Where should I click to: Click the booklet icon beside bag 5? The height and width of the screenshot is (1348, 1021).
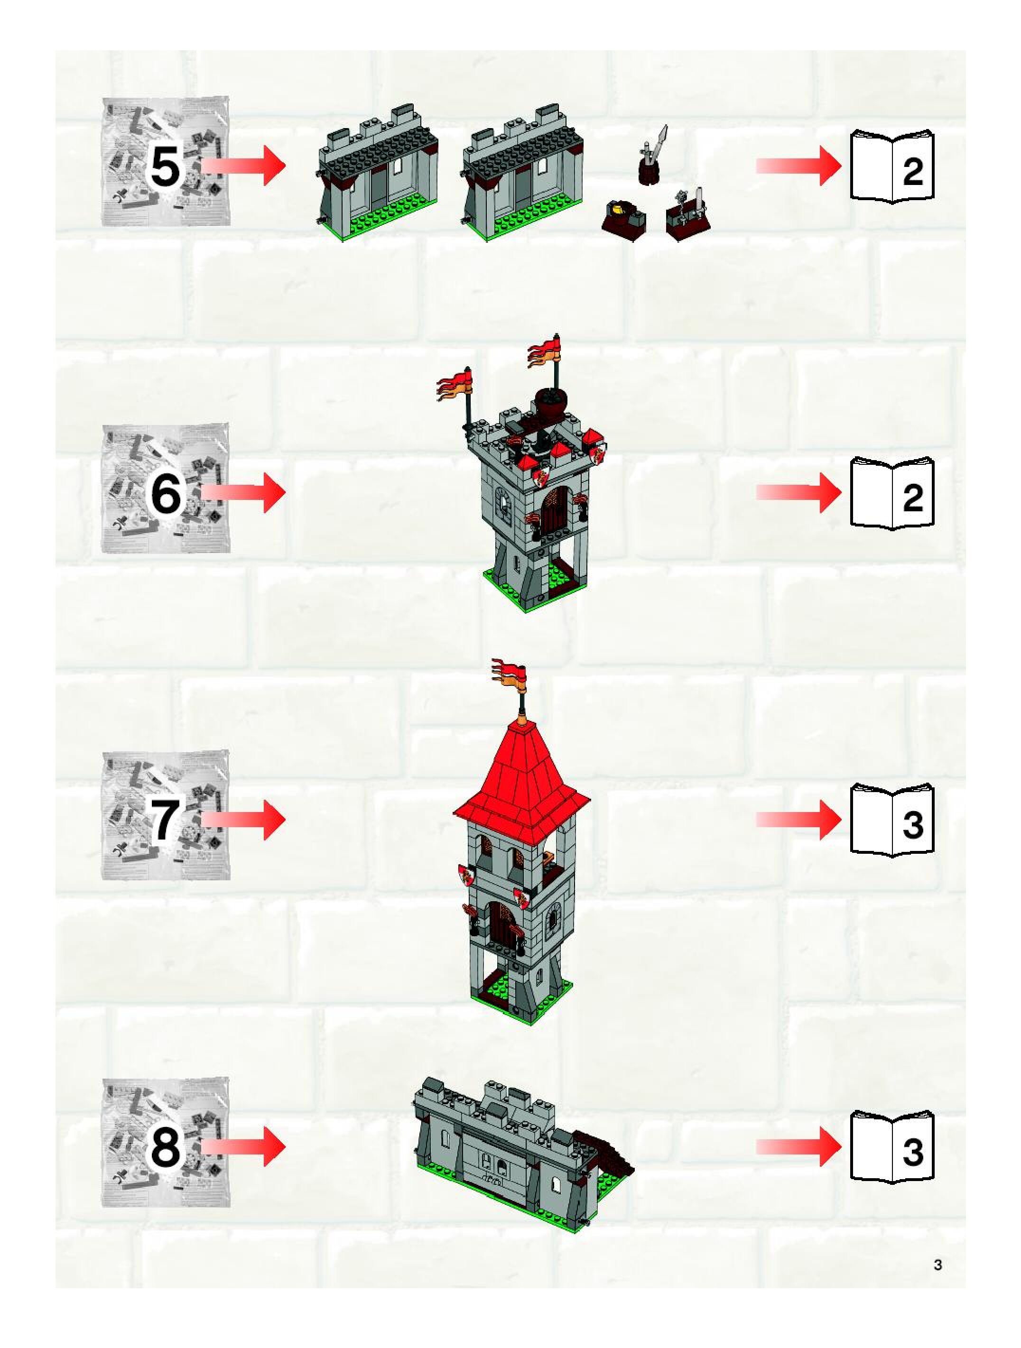892,166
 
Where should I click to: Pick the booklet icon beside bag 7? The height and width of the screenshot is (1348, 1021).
892,820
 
